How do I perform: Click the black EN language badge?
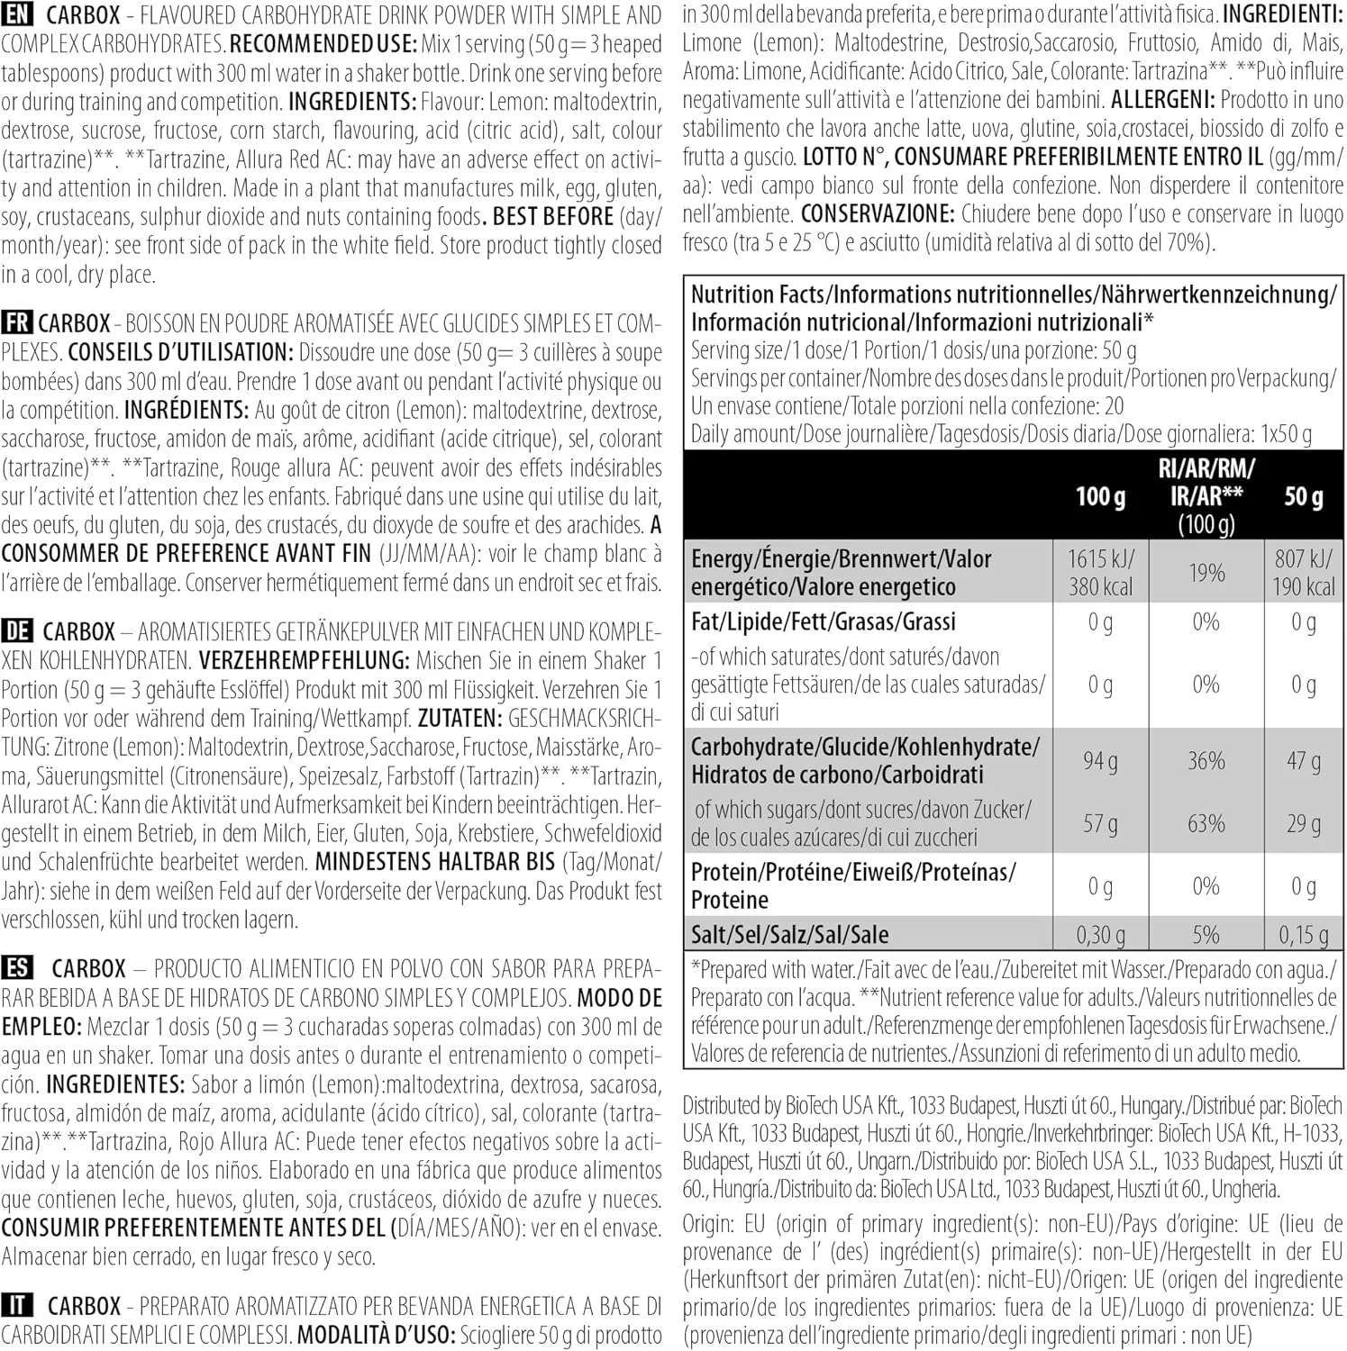pos(17,14)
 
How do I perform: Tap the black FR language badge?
pos(16,322)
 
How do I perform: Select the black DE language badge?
pos(17,630)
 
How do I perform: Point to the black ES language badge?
pos(17,968)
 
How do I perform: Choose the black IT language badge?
pos(17,1305)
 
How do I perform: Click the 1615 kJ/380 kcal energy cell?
pos(1100,573)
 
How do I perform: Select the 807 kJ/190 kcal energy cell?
pos(1303,573)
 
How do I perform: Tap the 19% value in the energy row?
pos(1206,573)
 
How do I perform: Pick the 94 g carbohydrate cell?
pos(1100,761)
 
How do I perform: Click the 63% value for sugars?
pos(1206,823)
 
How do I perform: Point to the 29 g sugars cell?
pos(1303,823)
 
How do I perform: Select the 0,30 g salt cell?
pos(1100,935)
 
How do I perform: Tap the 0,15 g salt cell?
pos(1303,935)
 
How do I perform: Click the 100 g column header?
pos(1100,496)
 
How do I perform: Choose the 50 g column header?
pos(1303,496)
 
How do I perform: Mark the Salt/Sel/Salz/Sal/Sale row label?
pos(789,935)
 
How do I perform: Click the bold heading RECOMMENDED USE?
pos(323,43)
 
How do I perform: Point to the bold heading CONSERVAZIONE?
pos(877,214)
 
